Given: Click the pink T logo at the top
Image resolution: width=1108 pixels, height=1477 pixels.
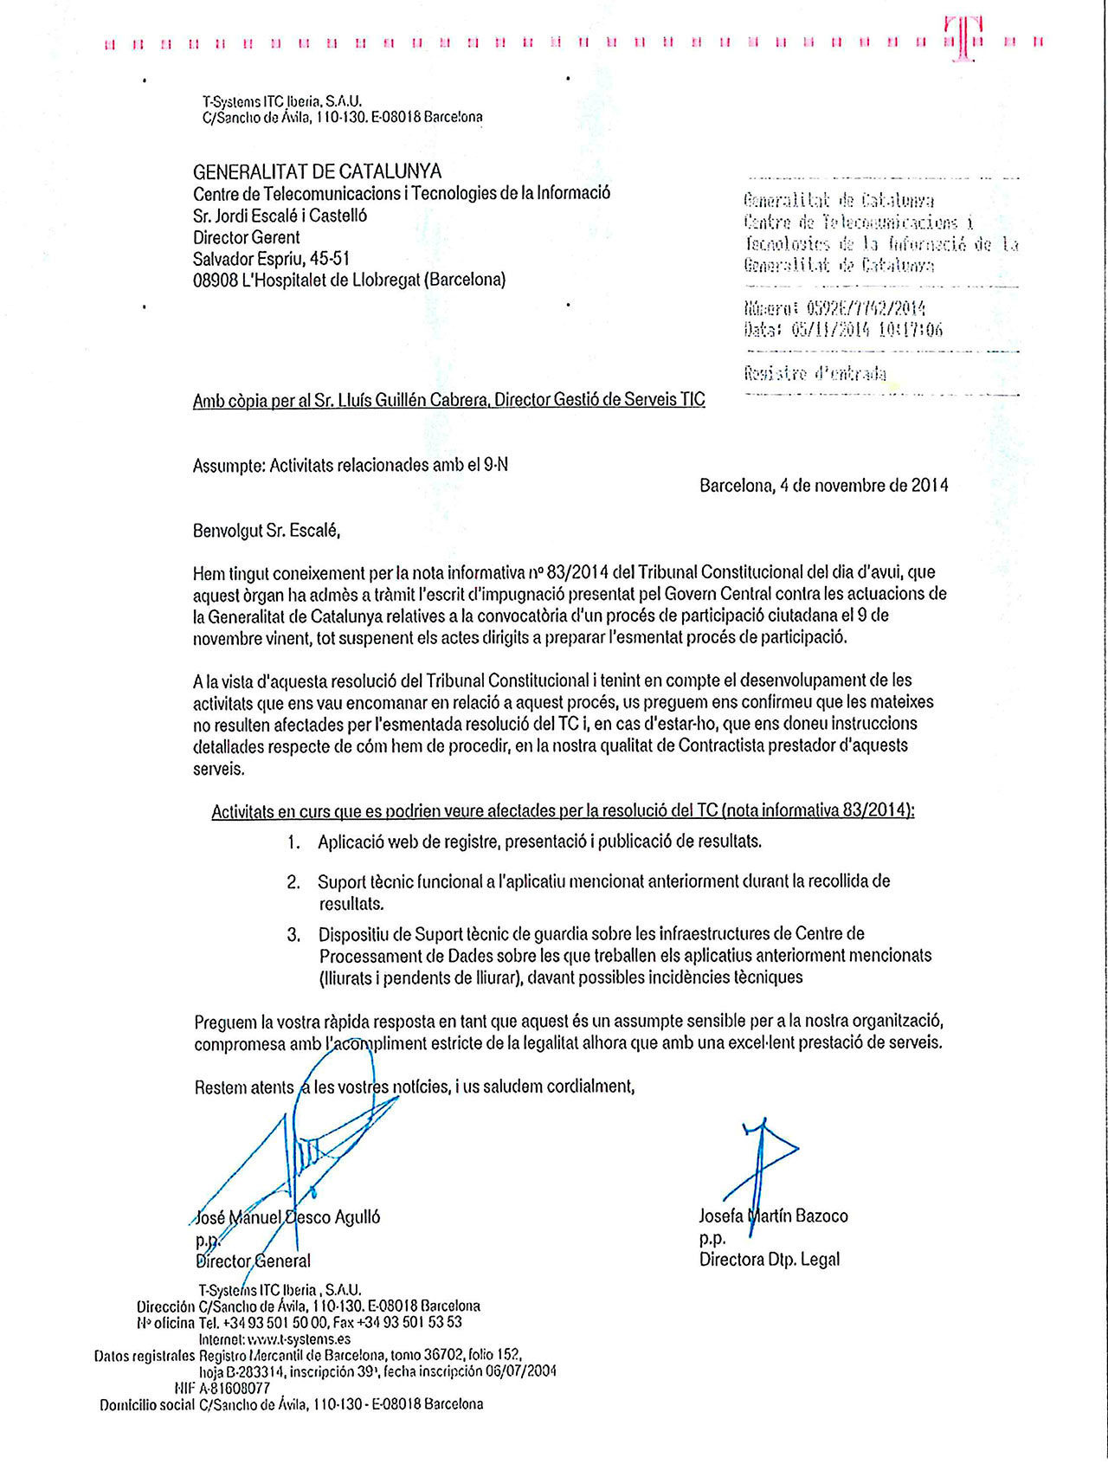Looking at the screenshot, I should click(x=963, y=38).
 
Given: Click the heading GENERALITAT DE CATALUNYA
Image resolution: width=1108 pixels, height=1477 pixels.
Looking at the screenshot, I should click(x=317, y=171).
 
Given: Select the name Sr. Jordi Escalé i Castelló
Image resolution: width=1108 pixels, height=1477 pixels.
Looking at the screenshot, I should click(x=280, y=216).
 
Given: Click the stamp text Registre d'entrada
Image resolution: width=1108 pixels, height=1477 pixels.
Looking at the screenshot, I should click(x=815, y=374).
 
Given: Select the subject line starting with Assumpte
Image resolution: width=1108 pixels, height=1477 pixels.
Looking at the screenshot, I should click(x=350, y=465).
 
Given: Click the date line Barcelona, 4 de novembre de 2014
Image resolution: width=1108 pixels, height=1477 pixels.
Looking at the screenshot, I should click(x=823, y=486).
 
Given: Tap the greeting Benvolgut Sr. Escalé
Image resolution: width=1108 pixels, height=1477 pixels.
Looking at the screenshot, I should click(x=266, y=530).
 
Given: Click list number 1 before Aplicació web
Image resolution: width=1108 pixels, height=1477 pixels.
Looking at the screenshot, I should click(x=294, y=842).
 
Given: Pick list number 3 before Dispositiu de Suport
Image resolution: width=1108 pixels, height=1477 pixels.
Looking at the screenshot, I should click(x=294, y=935).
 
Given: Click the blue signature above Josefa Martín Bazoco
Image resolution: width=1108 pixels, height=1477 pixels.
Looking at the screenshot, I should click(x=762, y=1160).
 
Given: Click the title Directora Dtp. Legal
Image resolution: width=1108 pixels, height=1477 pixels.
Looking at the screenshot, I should click(x=769, y=1260).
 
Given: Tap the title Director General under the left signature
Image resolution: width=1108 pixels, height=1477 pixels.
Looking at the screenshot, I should click(x=253, y=1261).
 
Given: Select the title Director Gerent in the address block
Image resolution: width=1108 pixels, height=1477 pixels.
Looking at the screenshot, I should click(x=246, y=237).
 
